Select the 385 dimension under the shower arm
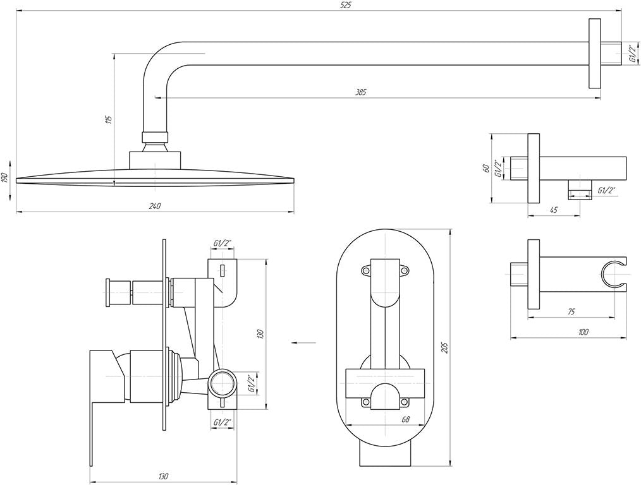(360, 92)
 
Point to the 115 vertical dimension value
(108, 119)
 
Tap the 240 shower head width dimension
(154, 206)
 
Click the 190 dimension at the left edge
(4, 177)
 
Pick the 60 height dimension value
(485, 168)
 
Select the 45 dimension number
(554, 210)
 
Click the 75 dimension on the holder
(571, 311)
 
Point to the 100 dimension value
(583, 332)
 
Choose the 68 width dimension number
(406, 419)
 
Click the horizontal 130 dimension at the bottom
(163, 476)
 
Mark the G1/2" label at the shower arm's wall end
(632, 54)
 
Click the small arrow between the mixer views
(303, 342)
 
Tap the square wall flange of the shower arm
(595, 53)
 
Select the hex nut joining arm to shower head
(155, 137)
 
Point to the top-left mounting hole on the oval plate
(365, 270)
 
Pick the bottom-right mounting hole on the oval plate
(405, 402)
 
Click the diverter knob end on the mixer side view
(109, 292)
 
